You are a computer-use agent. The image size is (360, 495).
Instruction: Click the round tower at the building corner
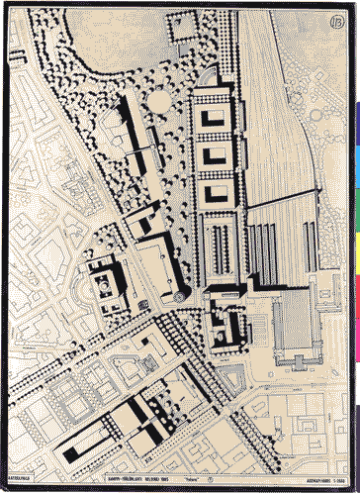point(179,295)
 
